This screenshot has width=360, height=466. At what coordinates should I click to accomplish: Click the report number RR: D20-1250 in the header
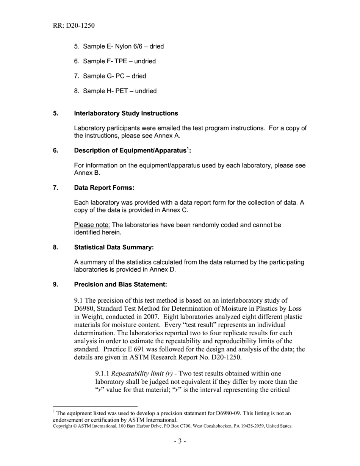(x=74, y=26)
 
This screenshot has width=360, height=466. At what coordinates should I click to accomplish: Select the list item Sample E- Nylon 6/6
(x=119, y=46)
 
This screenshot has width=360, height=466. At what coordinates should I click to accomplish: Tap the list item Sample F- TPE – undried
(x=115, y=61)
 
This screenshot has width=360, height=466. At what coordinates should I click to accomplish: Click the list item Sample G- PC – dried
(x=110, y=76)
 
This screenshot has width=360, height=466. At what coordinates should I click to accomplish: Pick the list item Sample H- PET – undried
(x=115, y=91)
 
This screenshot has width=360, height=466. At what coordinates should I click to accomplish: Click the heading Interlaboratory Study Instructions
(x=126, y=113)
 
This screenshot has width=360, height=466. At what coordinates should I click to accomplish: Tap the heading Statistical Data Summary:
(x=114, y=247)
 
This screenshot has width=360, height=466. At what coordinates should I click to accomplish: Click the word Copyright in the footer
(x=62, y=426)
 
